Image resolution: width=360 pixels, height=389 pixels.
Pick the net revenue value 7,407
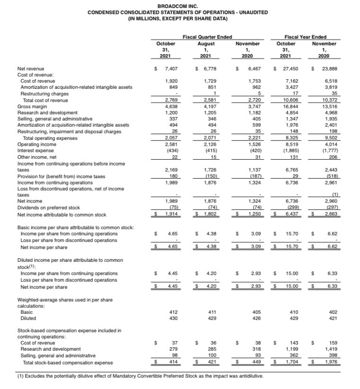coord(170,69)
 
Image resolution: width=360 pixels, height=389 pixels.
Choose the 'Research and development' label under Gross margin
coord(47,113)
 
